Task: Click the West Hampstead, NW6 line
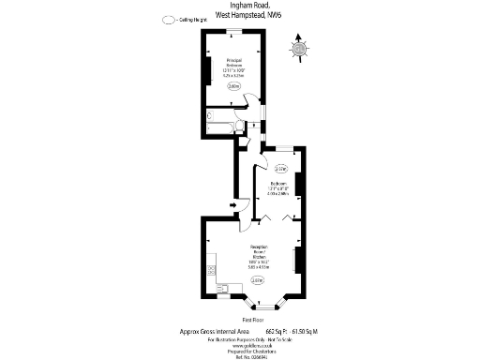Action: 240,15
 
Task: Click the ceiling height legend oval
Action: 168,20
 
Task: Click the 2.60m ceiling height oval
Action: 233,87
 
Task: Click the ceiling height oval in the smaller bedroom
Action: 282,169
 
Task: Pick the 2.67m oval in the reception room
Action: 258,279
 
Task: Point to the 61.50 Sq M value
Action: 307,331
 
